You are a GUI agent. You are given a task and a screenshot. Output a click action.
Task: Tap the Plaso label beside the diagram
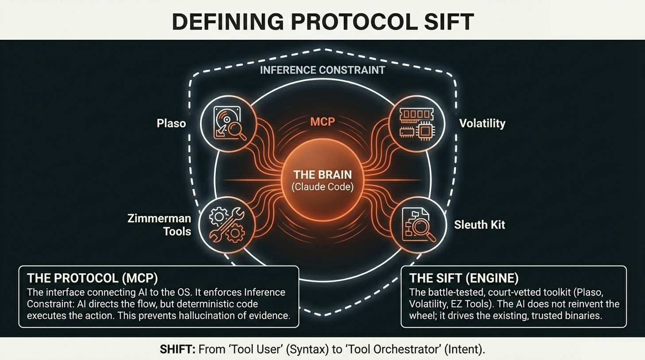click(x=171, y=123)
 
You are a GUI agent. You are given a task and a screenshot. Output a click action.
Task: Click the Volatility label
click(x=482, y=123)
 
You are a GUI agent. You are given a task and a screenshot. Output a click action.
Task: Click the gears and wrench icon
click(x=227, y=225)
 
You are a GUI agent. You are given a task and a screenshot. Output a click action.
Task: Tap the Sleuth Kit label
click(x=480, y=225)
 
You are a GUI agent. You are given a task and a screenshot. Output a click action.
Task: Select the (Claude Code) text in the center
click(x=322, y=187)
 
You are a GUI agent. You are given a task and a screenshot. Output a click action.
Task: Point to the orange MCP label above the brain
click(x=322, y=121)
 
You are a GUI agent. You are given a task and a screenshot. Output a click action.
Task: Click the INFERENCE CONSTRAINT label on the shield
click(x=322, y=70)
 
